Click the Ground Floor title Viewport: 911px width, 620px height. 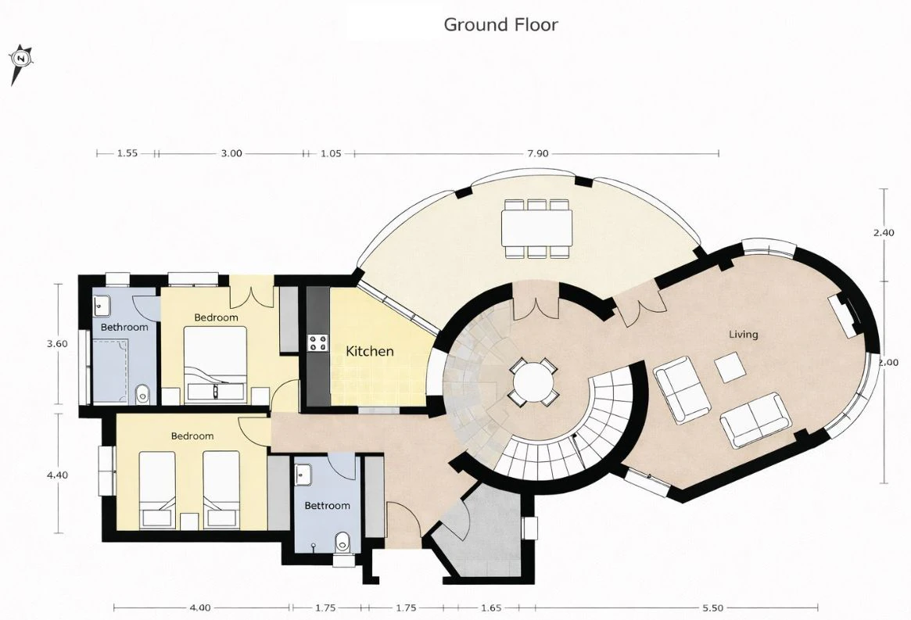500,24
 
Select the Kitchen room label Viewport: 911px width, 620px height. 370,351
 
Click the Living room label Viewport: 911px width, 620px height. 744,334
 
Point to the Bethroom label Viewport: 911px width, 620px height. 124,327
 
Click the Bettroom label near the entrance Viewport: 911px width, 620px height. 327,506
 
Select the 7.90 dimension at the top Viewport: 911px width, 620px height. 537,153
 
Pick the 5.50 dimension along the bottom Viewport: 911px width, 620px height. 713,607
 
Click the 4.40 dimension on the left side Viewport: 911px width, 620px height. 57,475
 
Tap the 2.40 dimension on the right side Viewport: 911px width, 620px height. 884,232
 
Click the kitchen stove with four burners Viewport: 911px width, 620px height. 317,342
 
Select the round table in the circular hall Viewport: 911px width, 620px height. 533,382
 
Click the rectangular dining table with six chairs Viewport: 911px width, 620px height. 537,228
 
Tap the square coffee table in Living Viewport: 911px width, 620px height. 730,367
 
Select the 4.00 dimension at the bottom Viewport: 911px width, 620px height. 200,607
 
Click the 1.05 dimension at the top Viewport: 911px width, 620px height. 331,153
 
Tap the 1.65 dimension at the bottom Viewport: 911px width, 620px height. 491,607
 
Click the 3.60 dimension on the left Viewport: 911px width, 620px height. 57,343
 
